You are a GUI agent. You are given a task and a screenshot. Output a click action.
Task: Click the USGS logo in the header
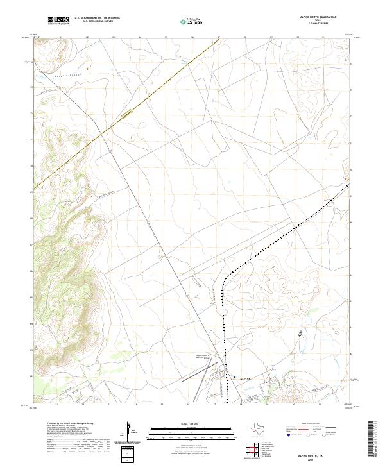coord(58,21)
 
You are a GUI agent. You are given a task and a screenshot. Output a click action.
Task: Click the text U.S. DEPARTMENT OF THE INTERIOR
coord(97,18)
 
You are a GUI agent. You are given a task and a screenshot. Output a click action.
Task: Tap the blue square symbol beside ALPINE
coord(235,377)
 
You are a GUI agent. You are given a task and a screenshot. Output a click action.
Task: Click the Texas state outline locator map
coord(263,430)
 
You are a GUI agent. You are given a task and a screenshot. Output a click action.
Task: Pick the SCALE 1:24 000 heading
coord(192,424)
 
